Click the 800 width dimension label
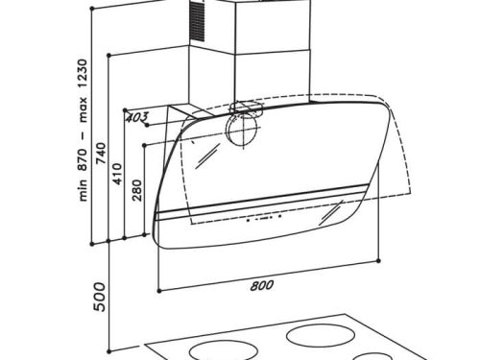click(x=262, y=285)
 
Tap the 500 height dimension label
click(x=100, y=297)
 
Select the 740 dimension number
click(x=101, y=154)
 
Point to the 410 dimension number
click(x=118, y=174)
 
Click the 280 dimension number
click(x=137, y=190)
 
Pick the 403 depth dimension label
click(x=137, y=117)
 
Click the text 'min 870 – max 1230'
click(x=83, y=130)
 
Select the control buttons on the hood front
click(x=264, y=218)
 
